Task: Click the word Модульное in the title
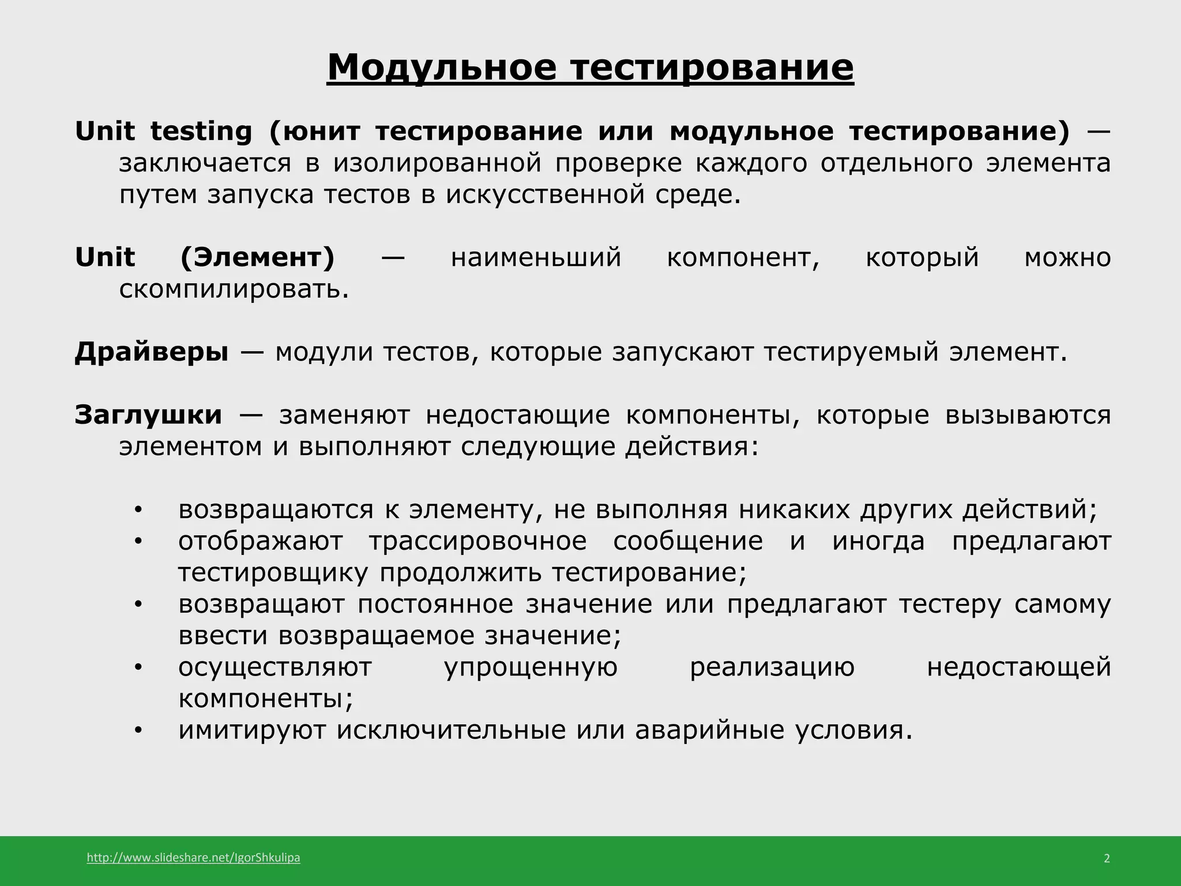[x=442, y=67]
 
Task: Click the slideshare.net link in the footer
[x=193, y=858]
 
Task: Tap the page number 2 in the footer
[x=1107, y=858]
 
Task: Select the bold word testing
[x=201, y=132]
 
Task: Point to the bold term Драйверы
[x=152, y=352]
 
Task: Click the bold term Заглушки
[x=148, y=415]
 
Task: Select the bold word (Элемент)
[x=257, y=257]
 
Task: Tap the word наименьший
[x=536, y=257]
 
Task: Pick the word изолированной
[x=438, y=163]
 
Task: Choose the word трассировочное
[x=478, y=541]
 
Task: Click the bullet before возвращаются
[x=137, y=510]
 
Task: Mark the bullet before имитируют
[x=137, y=731]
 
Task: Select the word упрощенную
[x=531, y=667]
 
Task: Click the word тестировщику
[x=273, y=573]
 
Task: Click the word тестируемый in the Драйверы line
[x=851, y=352]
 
